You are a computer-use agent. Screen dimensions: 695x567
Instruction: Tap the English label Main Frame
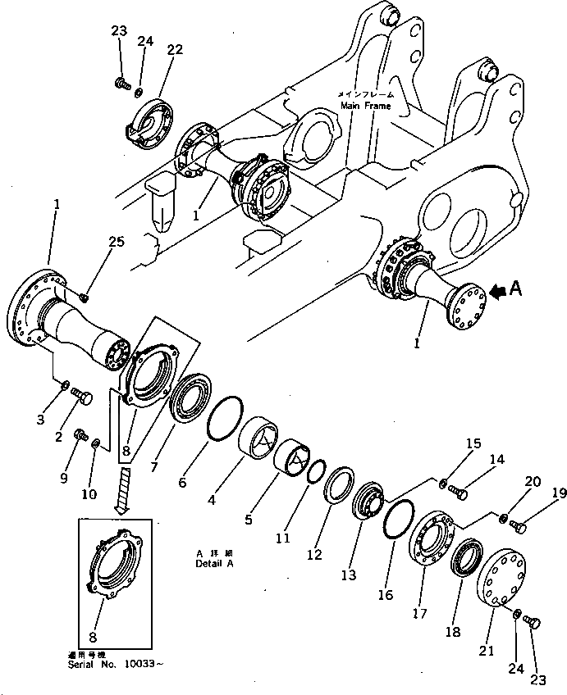364,106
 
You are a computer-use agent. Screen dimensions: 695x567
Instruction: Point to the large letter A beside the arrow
515,288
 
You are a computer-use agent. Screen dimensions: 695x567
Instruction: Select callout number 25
117,242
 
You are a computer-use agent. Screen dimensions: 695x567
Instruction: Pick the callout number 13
350,575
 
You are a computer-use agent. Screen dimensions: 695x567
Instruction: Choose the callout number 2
58,437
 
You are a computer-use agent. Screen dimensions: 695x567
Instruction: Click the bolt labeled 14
460,494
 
